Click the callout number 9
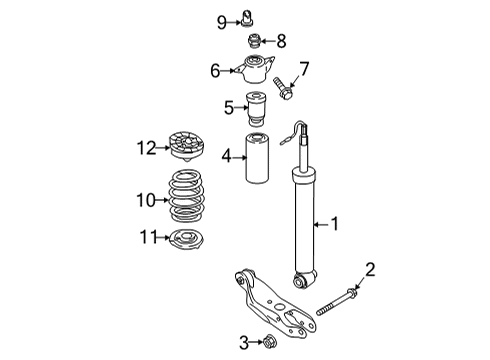pyautogui.click(x=222, y=23)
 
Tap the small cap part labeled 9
pyautogui.click(x=246, y=18)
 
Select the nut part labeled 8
pyautogui.click(x=254, y=41)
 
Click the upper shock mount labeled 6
pyautogui.click(x=254, y=69)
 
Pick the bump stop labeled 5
pyautogui.click(x=256, y=110)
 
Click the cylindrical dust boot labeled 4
pyautogui.click(x=257, y=158)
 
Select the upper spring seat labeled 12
pyautogui.click(x=187, y=146)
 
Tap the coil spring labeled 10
pyautogui.click(x=186, y=196)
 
